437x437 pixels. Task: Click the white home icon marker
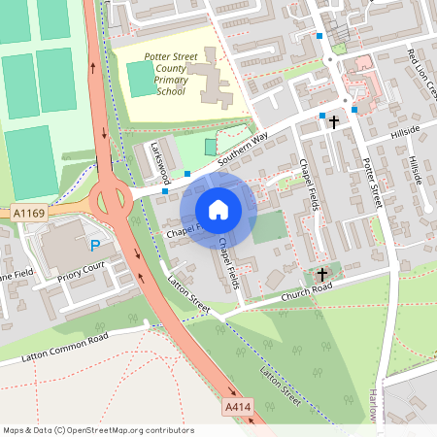[218, 210]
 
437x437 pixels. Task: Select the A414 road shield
[236, 405]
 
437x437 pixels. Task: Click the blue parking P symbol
[95, 246]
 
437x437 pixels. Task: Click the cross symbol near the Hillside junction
[335, 122]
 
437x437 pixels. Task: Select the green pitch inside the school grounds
[142, 79]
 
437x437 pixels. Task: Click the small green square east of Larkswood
[212, 146]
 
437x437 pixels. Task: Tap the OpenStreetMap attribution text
[98, 429]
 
